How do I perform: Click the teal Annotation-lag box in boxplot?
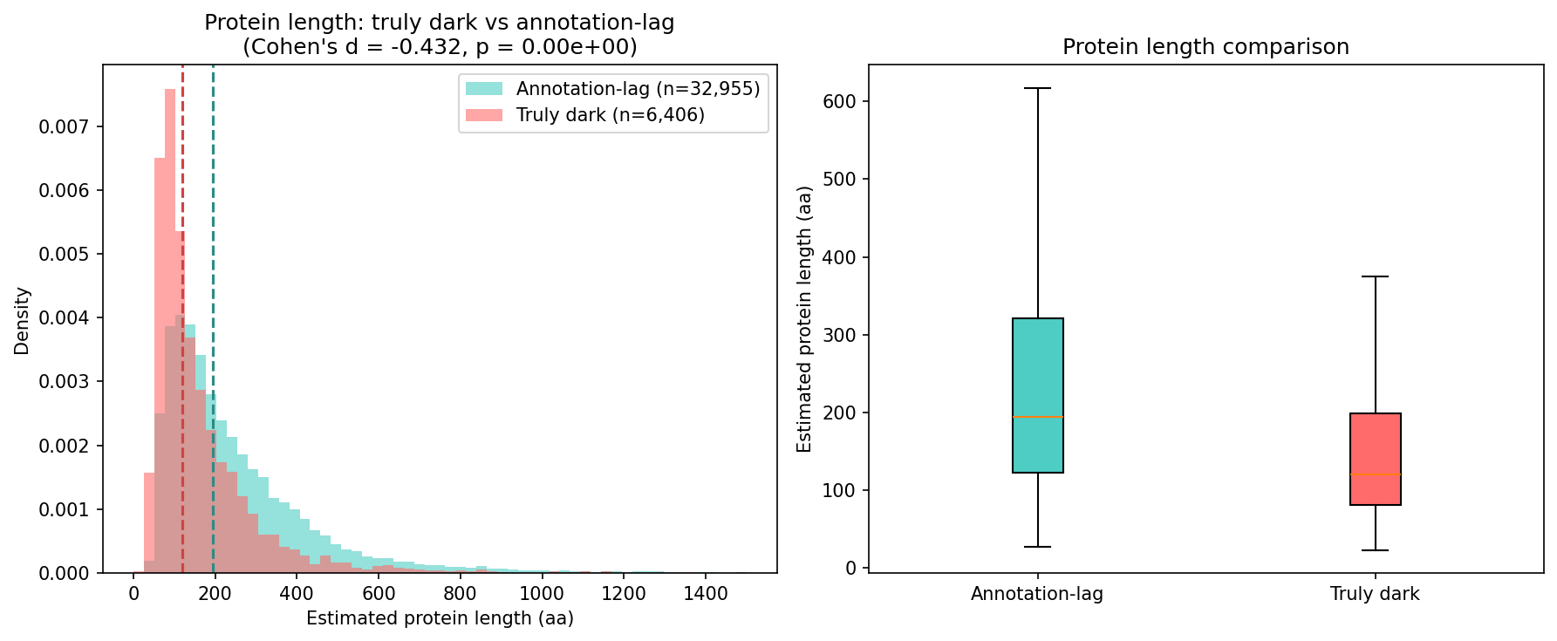(1037, 366)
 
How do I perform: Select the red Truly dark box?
(1375, 445)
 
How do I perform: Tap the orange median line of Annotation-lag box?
(1037, 417)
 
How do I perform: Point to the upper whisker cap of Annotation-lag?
(1037, 88)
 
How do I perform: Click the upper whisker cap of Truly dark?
(1375, 276)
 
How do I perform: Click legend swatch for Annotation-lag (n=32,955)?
(483, 89)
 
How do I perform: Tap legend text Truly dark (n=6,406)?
(610, 115)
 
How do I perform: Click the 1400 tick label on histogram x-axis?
(705, 594)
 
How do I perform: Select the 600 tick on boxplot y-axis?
(839, 101)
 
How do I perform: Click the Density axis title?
(22, 321)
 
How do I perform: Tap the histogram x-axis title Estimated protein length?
(440, 618)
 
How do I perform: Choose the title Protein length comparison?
(1205, 47)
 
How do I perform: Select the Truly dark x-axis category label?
(1375, 595)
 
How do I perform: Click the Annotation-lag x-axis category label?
(1037, 595)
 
